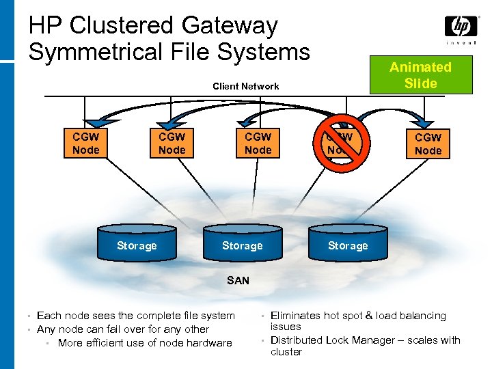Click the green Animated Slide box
(420, 75)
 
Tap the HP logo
(461, 27)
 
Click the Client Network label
(246, 86)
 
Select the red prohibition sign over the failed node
(342, 142)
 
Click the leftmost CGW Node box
(86, 143)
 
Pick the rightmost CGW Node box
(428, 143)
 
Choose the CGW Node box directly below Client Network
(258, 143)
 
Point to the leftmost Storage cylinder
(137, 245)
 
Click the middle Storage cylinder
(242, 245)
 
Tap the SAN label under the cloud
(238, 280)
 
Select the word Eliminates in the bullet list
(295, 316)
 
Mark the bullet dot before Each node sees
(29, 316)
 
